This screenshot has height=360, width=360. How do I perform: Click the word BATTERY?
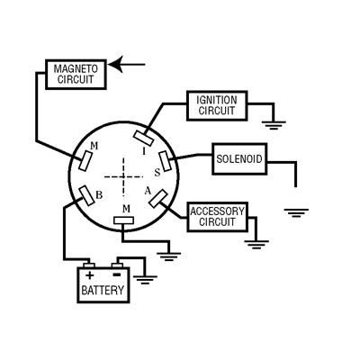point(103,291)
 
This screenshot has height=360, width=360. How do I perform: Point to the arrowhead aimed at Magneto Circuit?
point(116,64)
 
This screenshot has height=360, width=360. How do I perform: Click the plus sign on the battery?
point(89,275)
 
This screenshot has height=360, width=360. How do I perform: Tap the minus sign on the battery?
point(117,274)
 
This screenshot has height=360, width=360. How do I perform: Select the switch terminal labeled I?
point(144,139)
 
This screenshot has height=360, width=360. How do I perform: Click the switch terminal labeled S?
point(165,161)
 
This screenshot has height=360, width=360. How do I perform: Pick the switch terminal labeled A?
point(158,199)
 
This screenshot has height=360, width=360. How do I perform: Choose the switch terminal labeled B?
point(86,195)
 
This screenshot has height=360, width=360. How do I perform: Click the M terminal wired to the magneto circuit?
point(86,161)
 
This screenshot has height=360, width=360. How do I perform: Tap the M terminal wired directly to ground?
point(123,220)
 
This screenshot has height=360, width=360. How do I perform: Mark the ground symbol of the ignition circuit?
point(274,125)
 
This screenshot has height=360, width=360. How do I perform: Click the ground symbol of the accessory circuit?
point(256,245)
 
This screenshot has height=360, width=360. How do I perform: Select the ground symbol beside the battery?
point(145,280)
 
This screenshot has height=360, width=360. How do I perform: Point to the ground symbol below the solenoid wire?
point(296,212)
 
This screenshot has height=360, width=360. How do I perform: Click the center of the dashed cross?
point(123,177)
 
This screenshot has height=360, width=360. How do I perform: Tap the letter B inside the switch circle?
point(99,195)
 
